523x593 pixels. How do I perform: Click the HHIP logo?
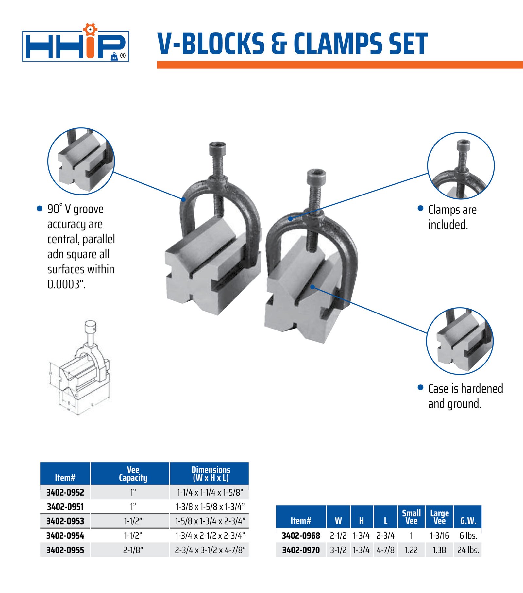[76, 45]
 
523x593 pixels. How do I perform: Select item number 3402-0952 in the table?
[65, 492]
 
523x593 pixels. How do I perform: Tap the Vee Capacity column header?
[133, 474]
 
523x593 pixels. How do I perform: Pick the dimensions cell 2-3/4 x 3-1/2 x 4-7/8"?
[210, 550]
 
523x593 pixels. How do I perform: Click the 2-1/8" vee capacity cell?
[133, 550]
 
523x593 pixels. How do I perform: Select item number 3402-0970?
[301, 550]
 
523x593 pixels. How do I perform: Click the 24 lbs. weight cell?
[468, 550]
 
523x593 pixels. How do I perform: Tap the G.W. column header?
[468, 521]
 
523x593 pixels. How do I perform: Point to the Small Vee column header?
[411, 517]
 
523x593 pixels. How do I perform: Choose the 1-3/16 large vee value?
[439, 536]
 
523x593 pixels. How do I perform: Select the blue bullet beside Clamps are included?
[421, 209]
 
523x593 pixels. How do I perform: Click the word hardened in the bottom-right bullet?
[482, 389]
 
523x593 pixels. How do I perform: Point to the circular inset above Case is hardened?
[460, 341]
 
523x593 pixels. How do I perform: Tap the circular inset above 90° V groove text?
[81, 161]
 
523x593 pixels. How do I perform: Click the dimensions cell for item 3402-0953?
[210, 521]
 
